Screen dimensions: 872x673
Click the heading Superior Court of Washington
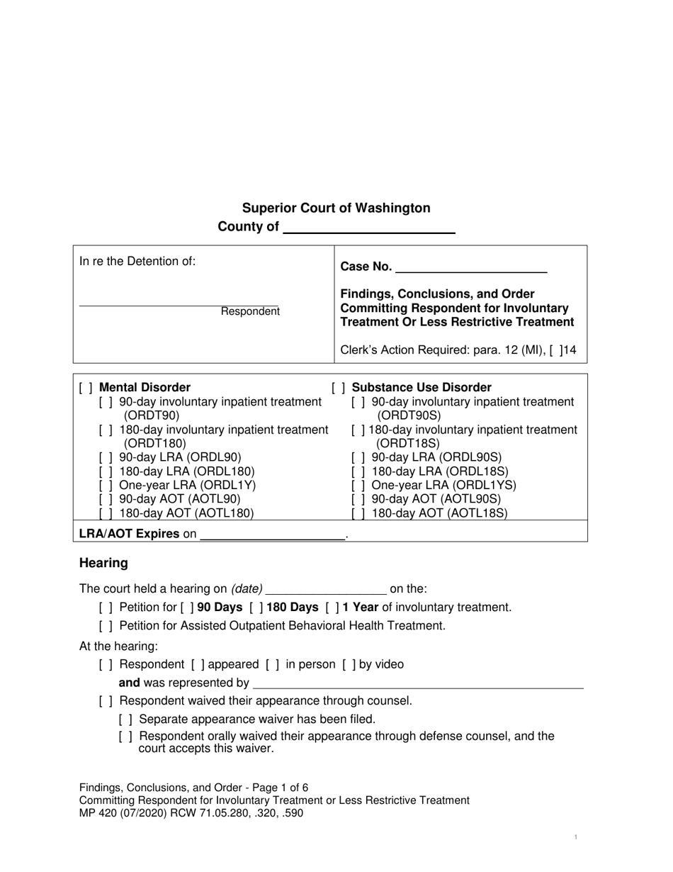click(336, 208)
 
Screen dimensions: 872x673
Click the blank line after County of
click(368, 228)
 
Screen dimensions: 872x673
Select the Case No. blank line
click(471, 267)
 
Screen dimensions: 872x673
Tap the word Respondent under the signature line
click(250, 311)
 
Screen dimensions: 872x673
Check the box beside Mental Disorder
click(86, 388)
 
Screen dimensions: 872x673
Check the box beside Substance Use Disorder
click(339, 388)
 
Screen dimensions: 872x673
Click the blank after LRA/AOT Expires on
click(272, 535)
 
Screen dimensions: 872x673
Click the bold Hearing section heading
click(103, 563)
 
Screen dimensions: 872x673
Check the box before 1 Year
click(332, 608)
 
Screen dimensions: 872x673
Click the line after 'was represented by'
click(418, 683)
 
